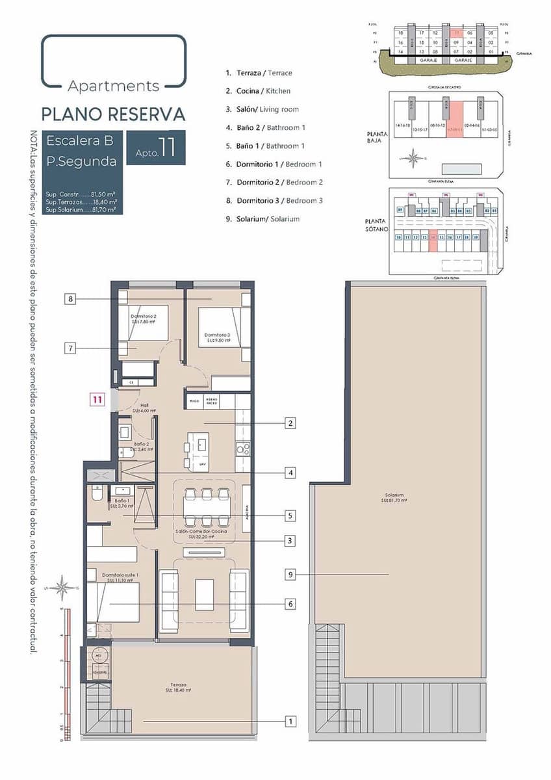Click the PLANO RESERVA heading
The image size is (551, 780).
pyautogui.click(x=113, y=114)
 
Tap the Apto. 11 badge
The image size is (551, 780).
pyautogui.click(x=156, y=148)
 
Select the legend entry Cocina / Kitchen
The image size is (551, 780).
pyautogui.click(x=258, y=91)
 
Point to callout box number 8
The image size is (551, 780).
pyautogui.click(x=71, y=299)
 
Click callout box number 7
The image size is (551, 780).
pyautogui.click(x=71, y=348)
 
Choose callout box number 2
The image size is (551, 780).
pyautogui.click(x=290, y=423)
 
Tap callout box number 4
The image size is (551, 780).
pyautogui.click(x=290, y=473)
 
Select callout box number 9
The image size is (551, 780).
pyautogui.click(x=290, y=575)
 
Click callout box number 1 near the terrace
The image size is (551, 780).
pyautogui.click(x=290, y=721)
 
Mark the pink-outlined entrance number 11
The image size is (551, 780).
pyautogui.click(x=97, y=400)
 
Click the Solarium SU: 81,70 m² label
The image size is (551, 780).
pyautogui.click(x=394, y=498)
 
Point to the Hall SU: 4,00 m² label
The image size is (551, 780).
pyautogui.click(x=141, y=408)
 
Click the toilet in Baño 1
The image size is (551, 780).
pyautogui.click(x=96, y=496)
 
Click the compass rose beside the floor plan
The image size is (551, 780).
pyautogui.click(x=63, y=588)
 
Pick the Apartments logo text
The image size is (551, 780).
pyautogui.click(x=114, y=85)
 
